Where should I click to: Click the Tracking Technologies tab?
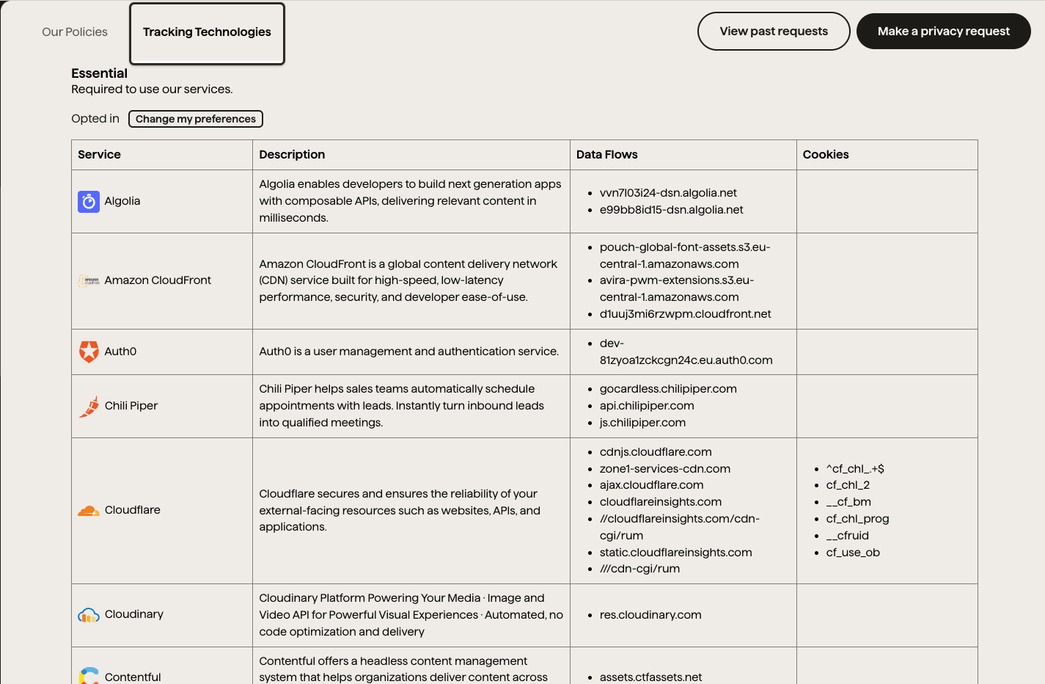point(207,32)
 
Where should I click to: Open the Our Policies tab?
point(75,32)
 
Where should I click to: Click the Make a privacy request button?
point(943,32)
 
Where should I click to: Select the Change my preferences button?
point(196,119)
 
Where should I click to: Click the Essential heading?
point(99,73)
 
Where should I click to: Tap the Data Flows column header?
point(606,155)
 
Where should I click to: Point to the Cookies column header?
point(825,155)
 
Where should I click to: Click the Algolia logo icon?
point(89,201)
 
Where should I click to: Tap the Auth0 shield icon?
point(89,352)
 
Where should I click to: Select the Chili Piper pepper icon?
point(89,407)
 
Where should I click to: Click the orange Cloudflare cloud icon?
point(89,510)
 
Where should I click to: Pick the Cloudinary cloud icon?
point(89,615)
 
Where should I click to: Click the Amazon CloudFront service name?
point(158,280)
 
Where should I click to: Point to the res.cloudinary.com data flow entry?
point(650,615)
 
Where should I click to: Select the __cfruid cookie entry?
point(847,536)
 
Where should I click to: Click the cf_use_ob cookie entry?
point(852,553)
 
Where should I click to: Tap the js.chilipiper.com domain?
point(642,423)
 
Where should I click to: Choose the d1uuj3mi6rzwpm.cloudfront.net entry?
point(685,314)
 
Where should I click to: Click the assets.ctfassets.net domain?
point(650,677)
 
